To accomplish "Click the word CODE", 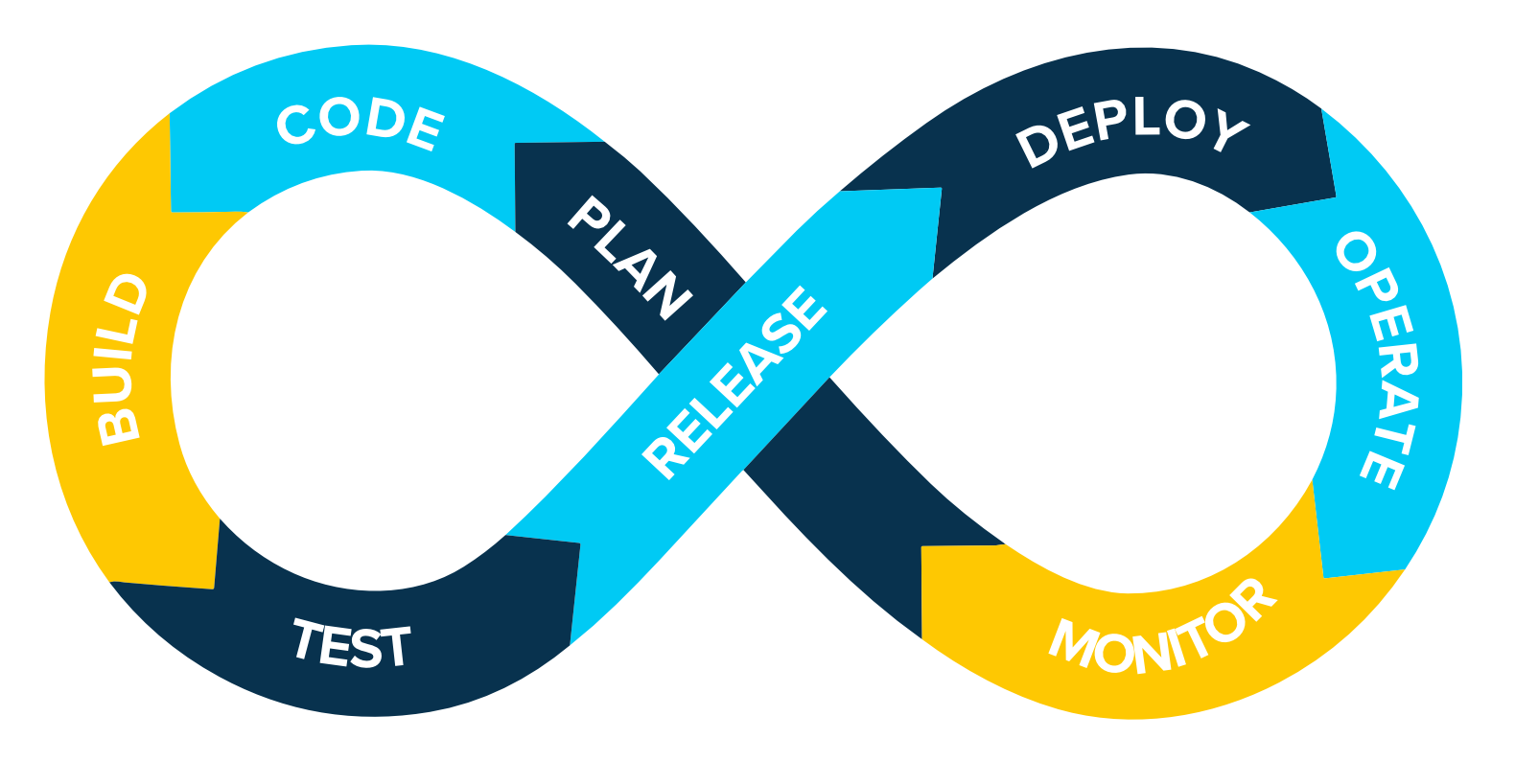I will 361,125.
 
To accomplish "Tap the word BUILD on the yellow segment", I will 123,359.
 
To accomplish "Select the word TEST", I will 352,643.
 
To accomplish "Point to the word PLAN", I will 629,257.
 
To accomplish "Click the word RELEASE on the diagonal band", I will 734,381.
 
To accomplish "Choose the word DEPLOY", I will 1131,129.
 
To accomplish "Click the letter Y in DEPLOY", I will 1230,128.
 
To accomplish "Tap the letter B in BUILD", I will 118,426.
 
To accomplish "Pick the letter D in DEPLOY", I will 1036,147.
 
